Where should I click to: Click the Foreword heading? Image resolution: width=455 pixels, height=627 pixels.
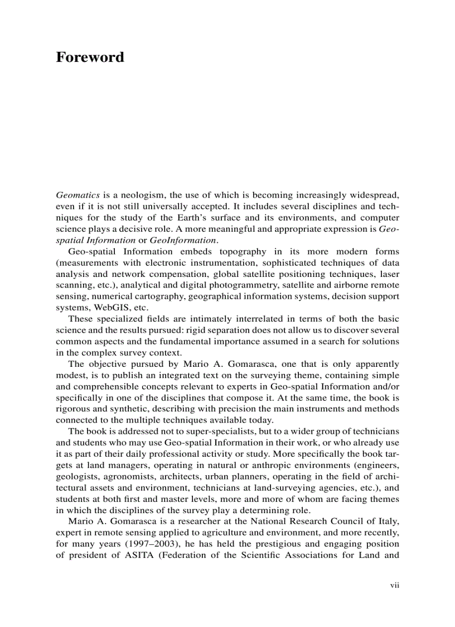pyautogui.click(x=90, y=58)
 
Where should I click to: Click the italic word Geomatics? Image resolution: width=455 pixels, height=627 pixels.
pyautogui.click(x=78, y=195)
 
